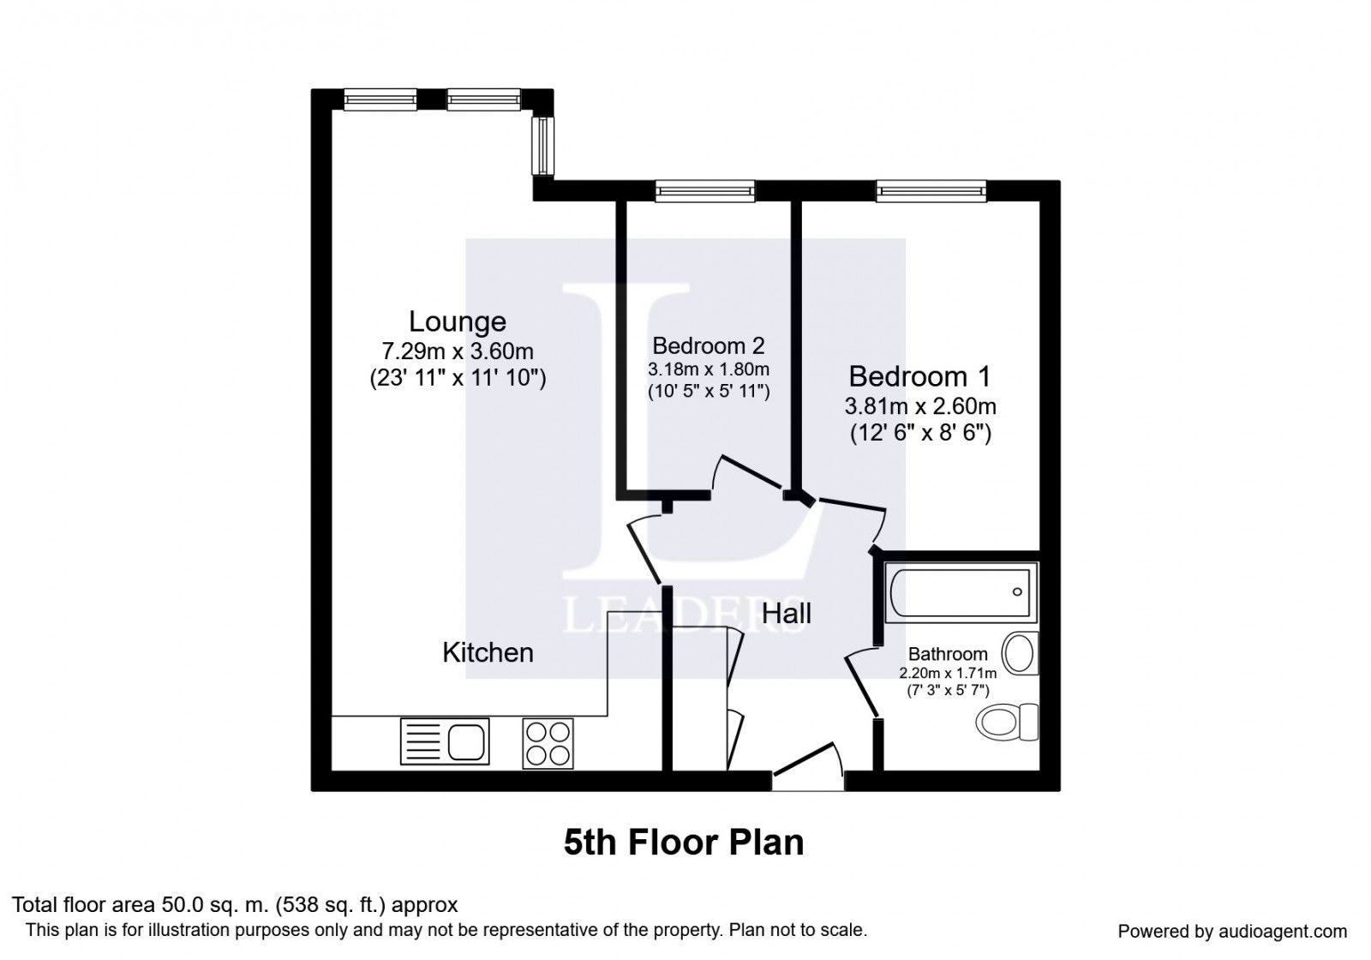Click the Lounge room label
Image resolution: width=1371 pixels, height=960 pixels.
[458, 322]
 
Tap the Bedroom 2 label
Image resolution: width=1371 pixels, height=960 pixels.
[708, 346]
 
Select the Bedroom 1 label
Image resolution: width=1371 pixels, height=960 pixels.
[919, 376]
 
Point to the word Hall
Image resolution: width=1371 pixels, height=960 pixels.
[787, 614]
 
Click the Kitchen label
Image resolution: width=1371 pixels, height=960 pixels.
[488, 652]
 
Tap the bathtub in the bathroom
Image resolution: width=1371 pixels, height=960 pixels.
[960, 592]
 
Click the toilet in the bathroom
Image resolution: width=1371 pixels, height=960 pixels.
[1008, 723]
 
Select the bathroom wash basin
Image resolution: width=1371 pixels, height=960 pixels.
[1020, 653]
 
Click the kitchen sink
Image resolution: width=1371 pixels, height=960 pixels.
[445, 741]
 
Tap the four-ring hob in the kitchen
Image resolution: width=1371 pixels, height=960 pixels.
[548, 743]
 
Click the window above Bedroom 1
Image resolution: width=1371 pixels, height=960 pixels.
[931, 191]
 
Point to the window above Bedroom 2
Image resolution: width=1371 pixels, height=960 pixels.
[705, 191]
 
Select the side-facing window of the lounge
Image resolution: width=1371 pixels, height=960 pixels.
[543, 146]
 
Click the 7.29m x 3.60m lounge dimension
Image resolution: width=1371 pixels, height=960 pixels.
[458, 351]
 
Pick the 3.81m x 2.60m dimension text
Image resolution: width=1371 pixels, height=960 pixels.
[920, 406]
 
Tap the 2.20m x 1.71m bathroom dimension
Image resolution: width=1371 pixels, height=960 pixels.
[948, 674]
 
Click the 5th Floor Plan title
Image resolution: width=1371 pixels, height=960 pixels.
[684, 843]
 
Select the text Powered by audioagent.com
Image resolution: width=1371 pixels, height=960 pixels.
[1233, 932]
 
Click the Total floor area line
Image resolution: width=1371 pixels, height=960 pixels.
[235, 905]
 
